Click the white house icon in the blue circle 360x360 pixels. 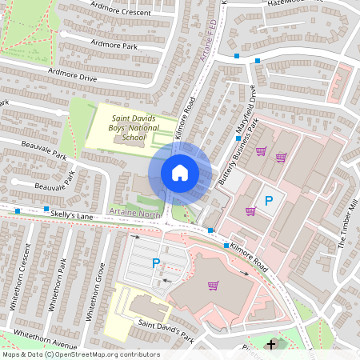tap(180, 173)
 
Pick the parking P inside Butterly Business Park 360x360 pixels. tap(269, 201)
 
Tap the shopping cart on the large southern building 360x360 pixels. tap(213, 285)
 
